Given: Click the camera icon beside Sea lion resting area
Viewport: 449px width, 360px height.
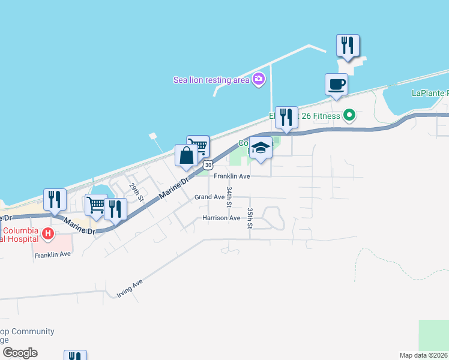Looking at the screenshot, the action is coord(259,79).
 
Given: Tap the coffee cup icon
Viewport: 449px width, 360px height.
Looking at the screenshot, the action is coord(336,84).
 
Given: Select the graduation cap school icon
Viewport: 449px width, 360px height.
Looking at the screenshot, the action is coord(261,148).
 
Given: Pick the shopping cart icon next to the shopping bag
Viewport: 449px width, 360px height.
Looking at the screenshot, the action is coord(199,145).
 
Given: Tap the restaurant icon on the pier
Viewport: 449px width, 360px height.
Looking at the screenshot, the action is coord(348,45).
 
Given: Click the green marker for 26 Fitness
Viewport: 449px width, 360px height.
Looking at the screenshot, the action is coord(349,115).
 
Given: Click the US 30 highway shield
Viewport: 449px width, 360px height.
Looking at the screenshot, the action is coord(208,164).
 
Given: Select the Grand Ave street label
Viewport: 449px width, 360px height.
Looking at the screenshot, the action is coord(209,197).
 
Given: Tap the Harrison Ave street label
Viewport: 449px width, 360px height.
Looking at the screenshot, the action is coord(221,218).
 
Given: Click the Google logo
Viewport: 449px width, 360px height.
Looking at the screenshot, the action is coord(20,353).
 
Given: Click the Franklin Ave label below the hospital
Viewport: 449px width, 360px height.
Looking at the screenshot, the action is coord(53,254).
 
